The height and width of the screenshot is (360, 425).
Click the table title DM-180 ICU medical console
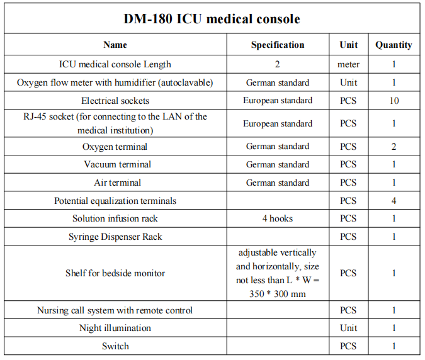(212, 19)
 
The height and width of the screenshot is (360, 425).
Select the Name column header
(115, 45)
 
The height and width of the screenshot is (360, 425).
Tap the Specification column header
(278, 45)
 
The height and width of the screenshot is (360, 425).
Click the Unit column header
(349, 45)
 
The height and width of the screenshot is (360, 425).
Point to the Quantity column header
(394, 45)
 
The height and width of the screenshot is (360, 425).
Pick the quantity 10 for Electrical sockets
(394, 101)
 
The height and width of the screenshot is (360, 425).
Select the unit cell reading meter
(349, 64)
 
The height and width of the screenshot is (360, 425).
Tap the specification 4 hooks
(278, 218)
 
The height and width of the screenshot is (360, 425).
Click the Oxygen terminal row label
(115, 147)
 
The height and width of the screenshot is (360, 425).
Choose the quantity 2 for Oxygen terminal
(394, 147)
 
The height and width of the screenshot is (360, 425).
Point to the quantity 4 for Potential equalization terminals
(394, 201)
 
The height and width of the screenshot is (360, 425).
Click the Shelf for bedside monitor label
(115, 273)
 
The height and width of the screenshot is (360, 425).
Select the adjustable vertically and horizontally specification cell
(278, 273)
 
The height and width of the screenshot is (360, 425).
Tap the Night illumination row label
(115, 328)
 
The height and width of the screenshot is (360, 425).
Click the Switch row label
(115, 346)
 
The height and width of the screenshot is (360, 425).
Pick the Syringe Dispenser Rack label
(115, 237)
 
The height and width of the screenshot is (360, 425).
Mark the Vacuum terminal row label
(115, 164)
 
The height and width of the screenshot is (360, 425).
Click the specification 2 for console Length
(278, 64)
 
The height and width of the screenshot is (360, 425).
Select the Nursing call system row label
(115, 310)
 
